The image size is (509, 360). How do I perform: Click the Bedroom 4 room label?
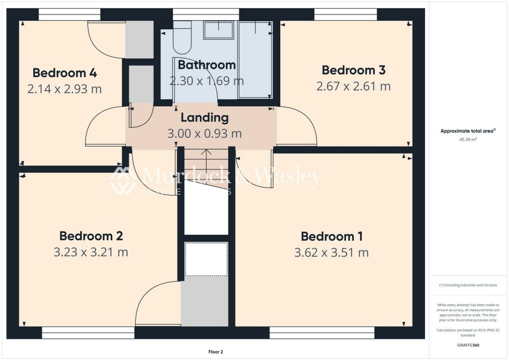point(65,73)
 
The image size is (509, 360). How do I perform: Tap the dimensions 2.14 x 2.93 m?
point(65,90)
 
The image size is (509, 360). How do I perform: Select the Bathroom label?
point(206,65)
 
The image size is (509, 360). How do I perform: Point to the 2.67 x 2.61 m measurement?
point(353,87)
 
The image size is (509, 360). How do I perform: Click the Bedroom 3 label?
point(353,70)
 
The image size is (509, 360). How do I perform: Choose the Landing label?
point(204,118)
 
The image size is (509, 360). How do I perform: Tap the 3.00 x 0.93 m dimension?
point(205,134)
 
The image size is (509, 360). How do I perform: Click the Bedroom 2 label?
point(91,236)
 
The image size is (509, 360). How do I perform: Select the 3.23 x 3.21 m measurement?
point(91,252)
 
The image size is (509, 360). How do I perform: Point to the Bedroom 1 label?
point(332,236)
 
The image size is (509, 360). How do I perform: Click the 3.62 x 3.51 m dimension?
point(332,253)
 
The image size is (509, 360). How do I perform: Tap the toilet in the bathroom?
point(182,39)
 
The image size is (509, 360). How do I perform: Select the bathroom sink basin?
point(218,30)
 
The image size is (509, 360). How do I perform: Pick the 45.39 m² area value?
point(467,140)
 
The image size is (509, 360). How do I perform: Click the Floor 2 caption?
point(215,352)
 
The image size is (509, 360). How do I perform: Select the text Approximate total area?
point(466,131)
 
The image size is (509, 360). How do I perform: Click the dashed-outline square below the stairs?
point(206,259)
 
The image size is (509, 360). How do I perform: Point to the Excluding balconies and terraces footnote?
point(467,285)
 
